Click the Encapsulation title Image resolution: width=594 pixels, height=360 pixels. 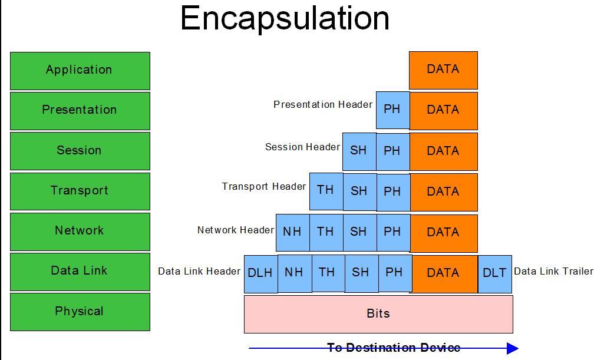[285, 19]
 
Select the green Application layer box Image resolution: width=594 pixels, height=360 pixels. [80, 71]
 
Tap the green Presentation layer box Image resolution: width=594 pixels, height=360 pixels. [80, 111]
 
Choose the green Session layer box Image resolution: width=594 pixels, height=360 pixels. [80, 151]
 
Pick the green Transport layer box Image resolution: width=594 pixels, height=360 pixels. [80, 191]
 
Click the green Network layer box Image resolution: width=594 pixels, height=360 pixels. [80, 232]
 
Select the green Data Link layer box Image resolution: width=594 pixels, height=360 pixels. [80, 272]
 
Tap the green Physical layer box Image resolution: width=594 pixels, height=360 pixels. [80, 312]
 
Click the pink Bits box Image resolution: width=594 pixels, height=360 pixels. [378, 314]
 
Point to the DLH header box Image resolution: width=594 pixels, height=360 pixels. [260, 274]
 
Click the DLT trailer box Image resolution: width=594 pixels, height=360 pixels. [495, 274]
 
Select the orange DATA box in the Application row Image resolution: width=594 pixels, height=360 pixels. [443, 71]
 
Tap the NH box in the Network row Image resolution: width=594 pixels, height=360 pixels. [292, 233]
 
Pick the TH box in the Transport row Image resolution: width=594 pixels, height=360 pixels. [326, 191]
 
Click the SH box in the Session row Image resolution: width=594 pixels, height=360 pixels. [359, 151]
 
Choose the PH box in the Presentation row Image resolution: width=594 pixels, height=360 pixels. [393, 110]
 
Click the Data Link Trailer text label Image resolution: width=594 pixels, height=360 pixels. [553, 272]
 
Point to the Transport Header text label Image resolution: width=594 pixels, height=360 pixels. [263, 186]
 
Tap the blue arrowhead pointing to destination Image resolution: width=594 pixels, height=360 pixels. [513, 348]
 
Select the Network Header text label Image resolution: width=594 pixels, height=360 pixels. [236, 230]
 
